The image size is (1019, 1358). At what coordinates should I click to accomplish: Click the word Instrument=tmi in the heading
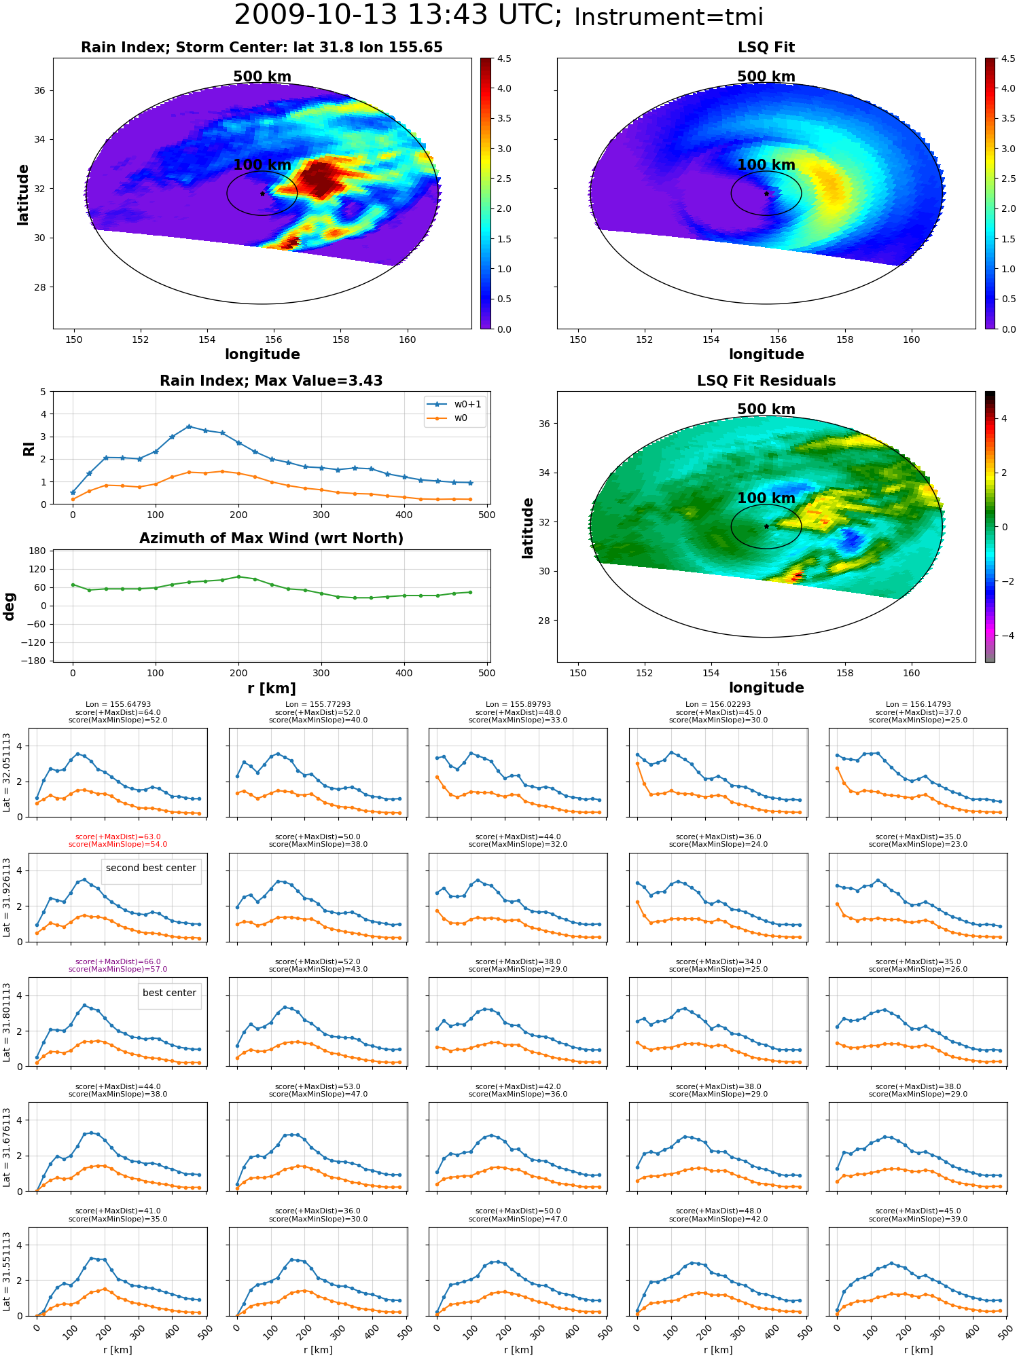[x=668, y=17]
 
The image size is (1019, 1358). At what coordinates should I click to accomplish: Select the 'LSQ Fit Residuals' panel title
[x=766, y=381]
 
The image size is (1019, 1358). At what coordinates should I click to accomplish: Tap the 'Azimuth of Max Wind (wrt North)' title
[x=271, y=538]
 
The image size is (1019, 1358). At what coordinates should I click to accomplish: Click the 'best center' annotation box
[x=169, y=993]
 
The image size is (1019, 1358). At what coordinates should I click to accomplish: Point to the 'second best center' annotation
[x=151, y=868]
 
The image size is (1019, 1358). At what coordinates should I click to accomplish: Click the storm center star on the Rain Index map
[x=262, y=194]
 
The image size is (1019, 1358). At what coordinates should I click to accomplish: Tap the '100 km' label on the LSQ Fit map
[x=766, y=165]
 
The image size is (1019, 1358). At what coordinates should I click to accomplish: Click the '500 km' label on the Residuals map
[x=766, y=409]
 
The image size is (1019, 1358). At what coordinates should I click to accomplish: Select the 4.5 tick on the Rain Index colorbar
[x=503, y=58]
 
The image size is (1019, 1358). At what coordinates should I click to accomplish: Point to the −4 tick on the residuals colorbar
[x=1003, y=636]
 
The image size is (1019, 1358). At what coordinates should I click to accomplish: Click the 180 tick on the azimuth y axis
[x=38, y=551]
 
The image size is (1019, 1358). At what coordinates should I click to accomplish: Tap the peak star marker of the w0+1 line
[x=189, y=426]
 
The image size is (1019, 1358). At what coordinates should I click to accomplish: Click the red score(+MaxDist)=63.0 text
[x=118, y=837]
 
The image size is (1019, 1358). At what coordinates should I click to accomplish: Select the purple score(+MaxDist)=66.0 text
[x=118, y=962]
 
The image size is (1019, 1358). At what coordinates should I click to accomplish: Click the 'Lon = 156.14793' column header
[x=918, y=705]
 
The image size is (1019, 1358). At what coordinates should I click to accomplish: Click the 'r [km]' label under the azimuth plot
[x=271, y=689]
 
